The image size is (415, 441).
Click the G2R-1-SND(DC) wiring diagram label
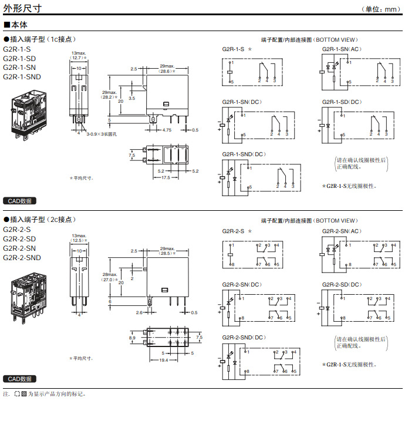click(244, 154)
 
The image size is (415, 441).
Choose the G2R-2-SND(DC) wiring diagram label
click(244, 337)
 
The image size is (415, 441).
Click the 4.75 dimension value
click(167, 130)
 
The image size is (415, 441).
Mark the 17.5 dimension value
click(166, 177)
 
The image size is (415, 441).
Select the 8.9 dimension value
click(132, 338)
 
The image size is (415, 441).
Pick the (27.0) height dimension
click(109, 280)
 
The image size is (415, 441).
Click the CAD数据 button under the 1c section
click(19, 201)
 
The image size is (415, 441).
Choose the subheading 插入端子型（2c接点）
click(41, 219)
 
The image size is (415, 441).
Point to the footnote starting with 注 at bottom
click(45, 394)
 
